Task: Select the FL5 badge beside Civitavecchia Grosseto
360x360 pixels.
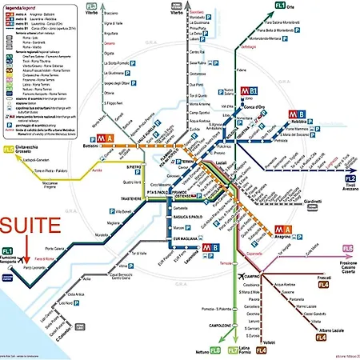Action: [x=9, y=149]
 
